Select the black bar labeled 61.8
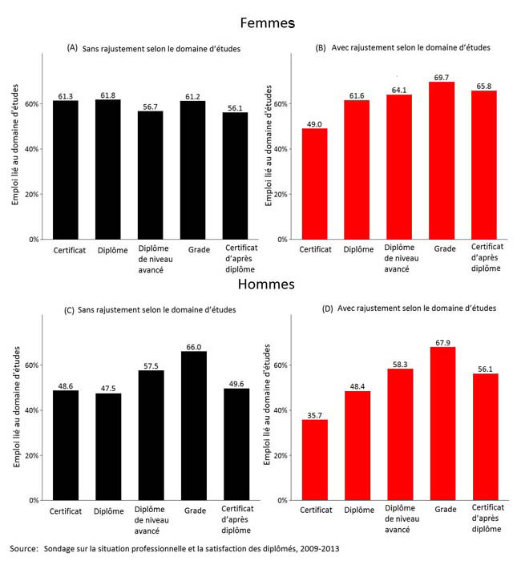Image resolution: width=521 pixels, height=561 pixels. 108,169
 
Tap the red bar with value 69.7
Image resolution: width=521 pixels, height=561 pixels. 443,160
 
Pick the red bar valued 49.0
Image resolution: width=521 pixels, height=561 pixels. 314,184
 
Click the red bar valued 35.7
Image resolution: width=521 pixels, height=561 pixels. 314,460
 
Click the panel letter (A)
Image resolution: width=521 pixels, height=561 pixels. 72,48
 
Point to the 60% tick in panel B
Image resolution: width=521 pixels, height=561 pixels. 281,104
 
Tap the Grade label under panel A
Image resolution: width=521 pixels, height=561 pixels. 193,249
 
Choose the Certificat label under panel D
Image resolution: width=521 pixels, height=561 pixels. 314,511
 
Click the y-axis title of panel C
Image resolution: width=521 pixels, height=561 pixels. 17,407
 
